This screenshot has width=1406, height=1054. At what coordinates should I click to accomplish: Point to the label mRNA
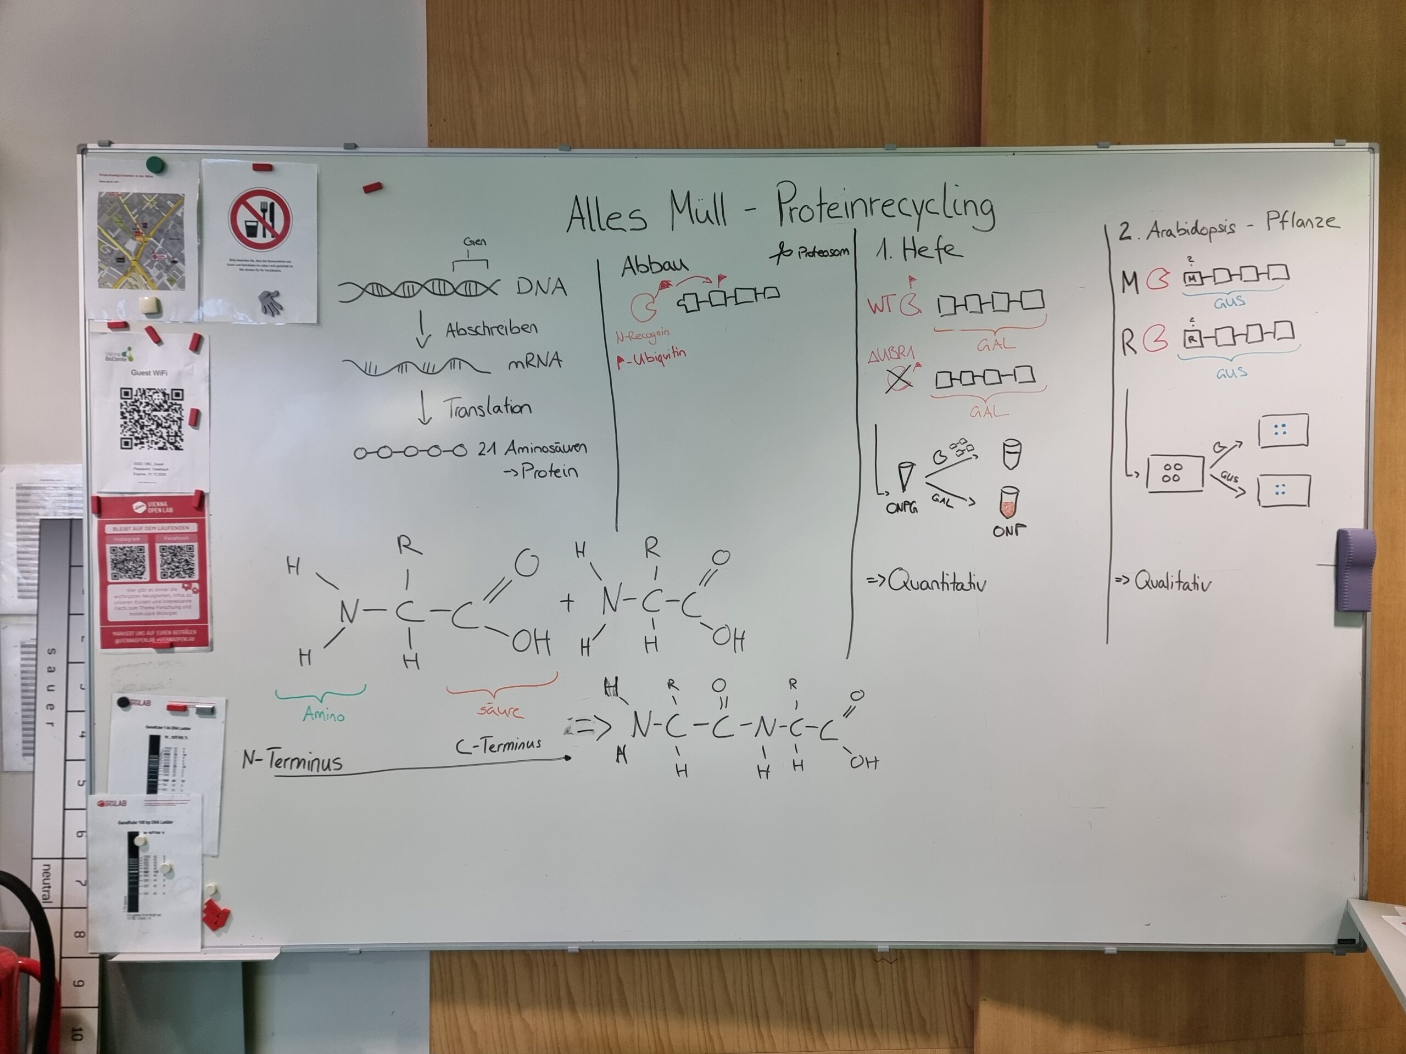click(x=534, y=362)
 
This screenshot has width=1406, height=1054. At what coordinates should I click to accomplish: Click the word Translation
click(x=487, y=408)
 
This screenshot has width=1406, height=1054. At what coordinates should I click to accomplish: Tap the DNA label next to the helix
click(x=541, y=288)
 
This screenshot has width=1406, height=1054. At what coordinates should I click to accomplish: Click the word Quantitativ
click(x=936, y=582)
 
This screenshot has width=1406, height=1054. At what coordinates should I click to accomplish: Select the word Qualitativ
click(x=1172, y=582)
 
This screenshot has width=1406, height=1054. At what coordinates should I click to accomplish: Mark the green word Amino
click(x=323, y=715)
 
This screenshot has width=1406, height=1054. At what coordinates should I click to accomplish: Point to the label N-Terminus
click(x=292, y=760)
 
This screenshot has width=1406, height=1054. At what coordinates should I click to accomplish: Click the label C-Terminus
click(x=498, y=744)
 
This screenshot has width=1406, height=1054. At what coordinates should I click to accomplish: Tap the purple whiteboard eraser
click(x=1356, y=569)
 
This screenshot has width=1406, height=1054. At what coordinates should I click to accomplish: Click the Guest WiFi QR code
click(x=152, y=419)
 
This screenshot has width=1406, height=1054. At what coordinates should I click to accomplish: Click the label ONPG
click(x=901, y=508)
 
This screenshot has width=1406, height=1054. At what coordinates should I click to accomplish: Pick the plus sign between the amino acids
click(x=567, y=602)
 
